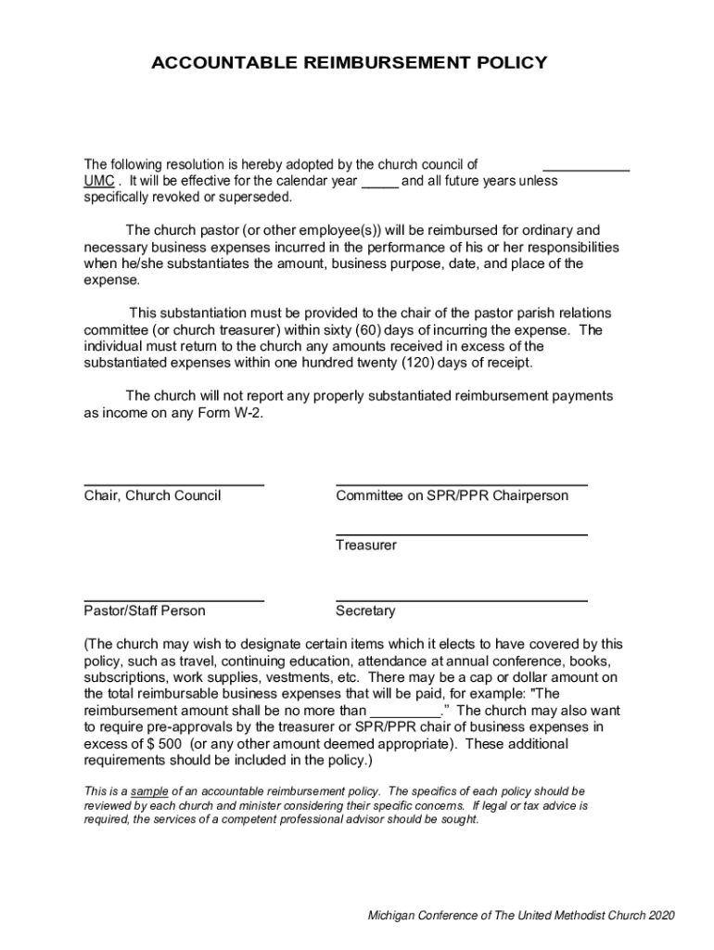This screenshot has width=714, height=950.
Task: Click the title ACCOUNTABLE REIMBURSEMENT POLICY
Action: tap(349, 63)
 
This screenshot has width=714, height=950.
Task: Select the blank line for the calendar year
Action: tap(379, 184)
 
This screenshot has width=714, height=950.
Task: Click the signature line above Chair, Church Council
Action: tap(173, 485)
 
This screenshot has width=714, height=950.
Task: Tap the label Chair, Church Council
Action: tap(152, 496)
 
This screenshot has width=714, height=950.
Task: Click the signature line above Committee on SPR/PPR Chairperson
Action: tap(461, 485)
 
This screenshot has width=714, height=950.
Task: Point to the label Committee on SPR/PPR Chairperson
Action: tap(452, 496)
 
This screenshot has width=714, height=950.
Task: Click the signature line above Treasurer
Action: tap(461, 535)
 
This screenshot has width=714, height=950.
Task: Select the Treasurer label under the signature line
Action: tap(365, 546)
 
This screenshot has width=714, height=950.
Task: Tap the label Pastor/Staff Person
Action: tap(145, 611)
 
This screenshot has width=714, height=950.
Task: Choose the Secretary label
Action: tap(365, 611)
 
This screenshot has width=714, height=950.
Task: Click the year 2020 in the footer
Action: tap(662, 916)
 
